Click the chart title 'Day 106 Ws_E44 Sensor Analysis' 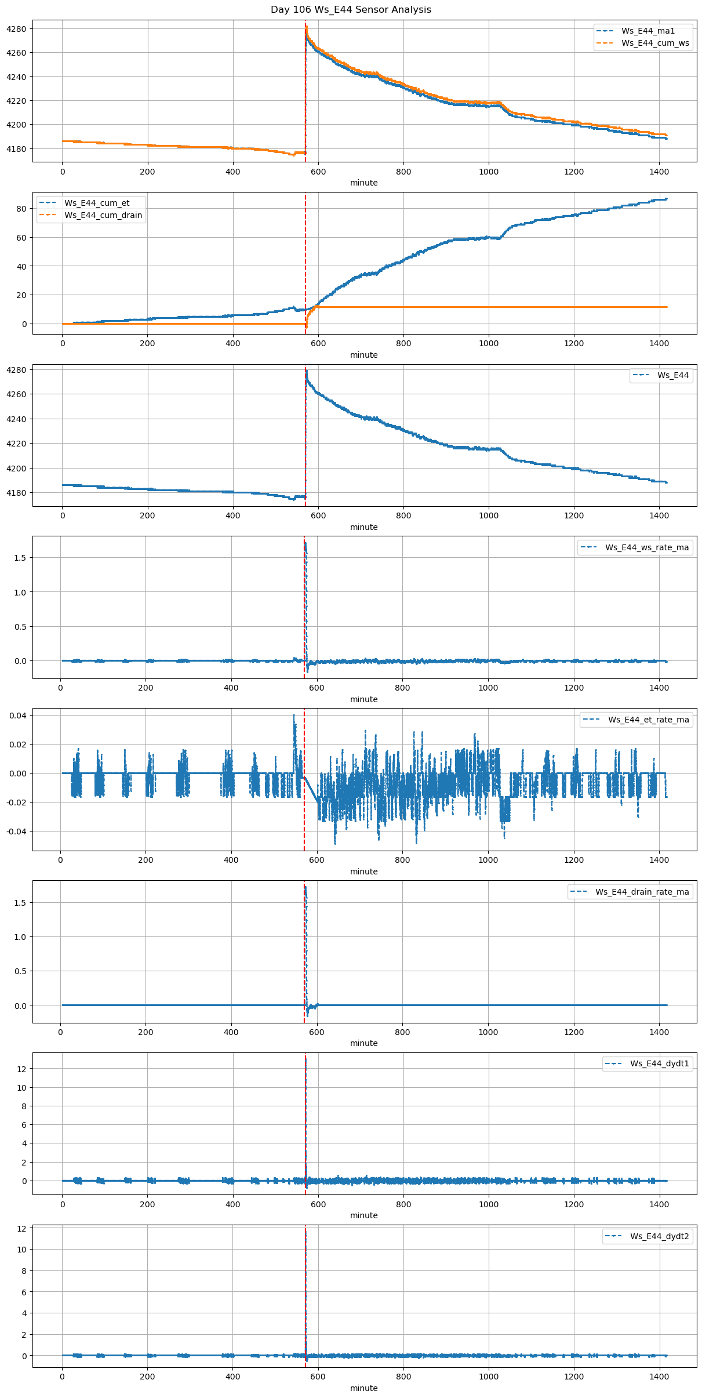pos(351,10)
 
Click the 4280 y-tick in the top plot pos(17,29)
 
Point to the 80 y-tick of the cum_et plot pos(22,209)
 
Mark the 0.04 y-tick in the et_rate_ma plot pos(17,716)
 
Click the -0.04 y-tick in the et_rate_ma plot pos(16,831)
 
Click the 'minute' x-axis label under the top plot pos(363,183)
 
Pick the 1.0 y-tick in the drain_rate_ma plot pos(20,937)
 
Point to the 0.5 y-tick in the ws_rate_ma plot pos(20,627)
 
